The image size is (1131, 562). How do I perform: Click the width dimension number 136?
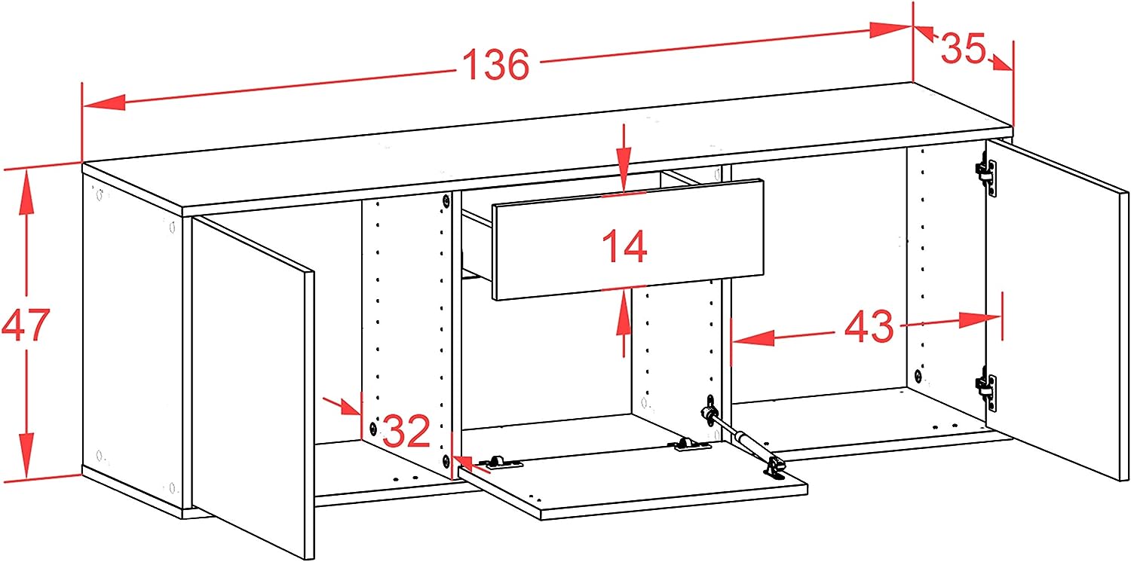click(x=496, y=65)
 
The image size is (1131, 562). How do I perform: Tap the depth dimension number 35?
click(x=964, y=48)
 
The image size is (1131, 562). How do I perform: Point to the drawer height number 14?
click(x=624, y=246)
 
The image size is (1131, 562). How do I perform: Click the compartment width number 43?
click(x=869, y=327)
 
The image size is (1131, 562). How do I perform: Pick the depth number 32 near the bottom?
click(x=406, y=432)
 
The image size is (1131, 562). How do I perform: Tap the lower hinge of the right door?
click(x=987, y=389)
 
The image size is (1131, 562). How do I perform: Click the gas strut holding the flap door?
click(x=742, y=438)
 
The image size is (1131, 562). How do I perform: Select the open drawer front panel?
click(x=627, y=240)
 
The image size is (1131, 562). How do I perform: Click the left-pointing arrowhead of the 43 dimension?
click(x=752, y=338)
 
